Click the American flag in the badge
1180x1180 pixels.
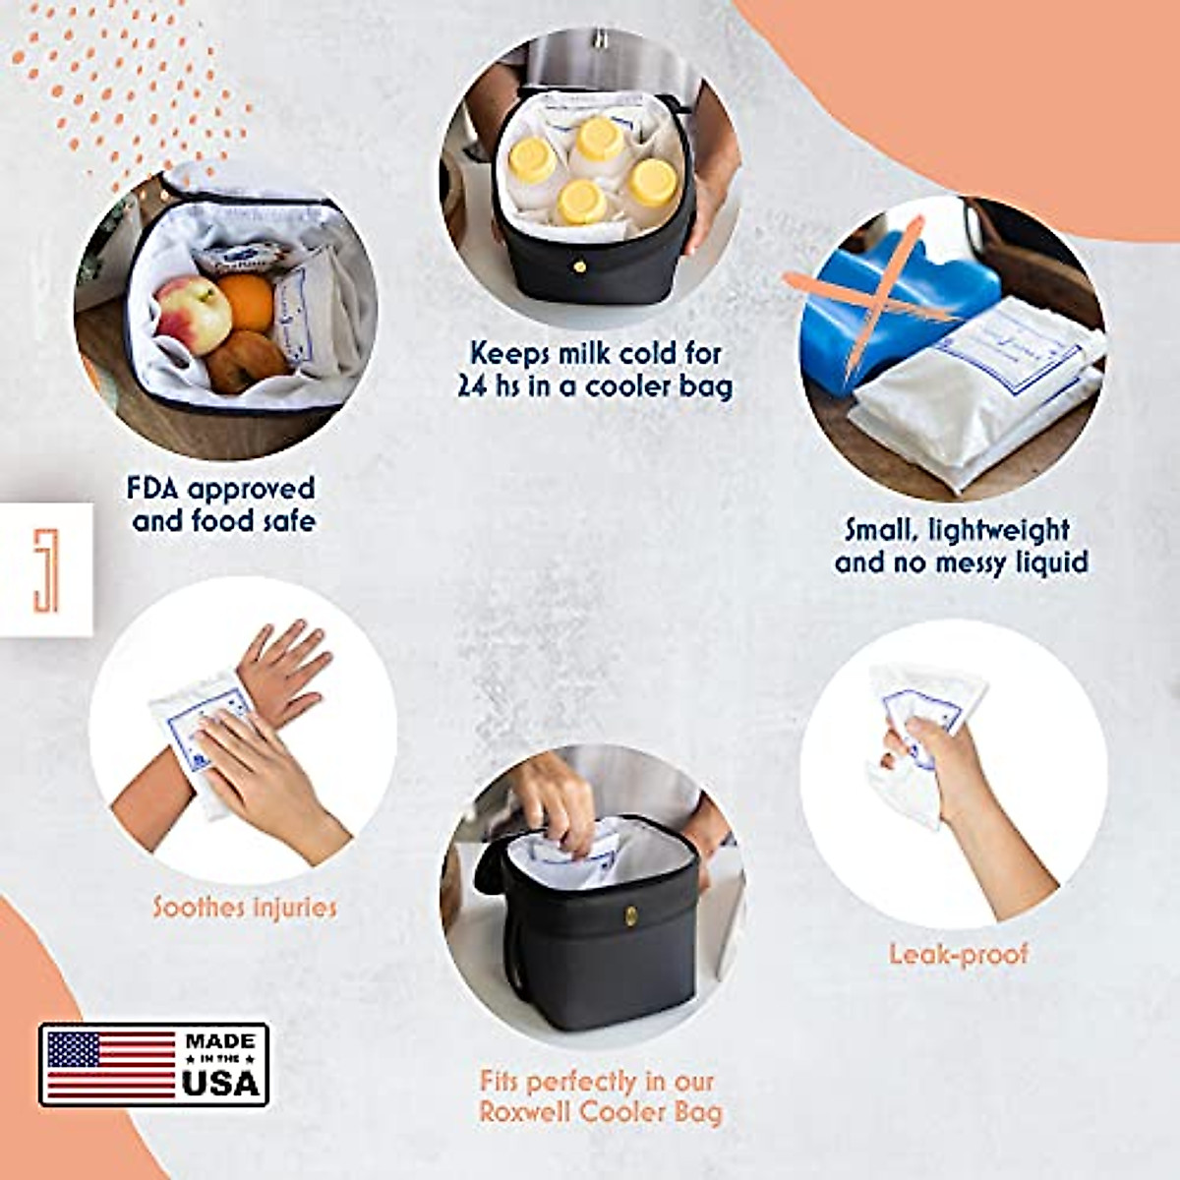[110, 1064]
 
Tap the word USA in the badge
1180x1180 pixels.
[220, 1082]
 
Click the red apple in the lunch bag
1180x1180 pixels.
[191, 313]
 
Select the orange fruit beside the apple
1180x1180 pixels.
[247, 301]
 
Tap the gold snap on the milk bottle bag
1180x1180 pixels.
[579, 265]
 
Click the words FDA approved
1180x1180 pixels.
[221, 489]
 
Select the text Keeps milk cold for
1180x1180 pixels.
[595, 353]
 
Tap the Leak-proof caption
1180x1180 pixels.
[958, 954]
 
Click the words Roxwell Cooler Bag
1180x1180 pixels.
[600, 1113]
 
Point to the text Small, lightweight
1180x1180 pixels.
[957, 530]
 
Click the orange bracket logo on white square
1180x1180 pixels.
[45, 570]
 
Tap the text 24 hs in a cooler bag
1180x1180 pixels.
[595, 386]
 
